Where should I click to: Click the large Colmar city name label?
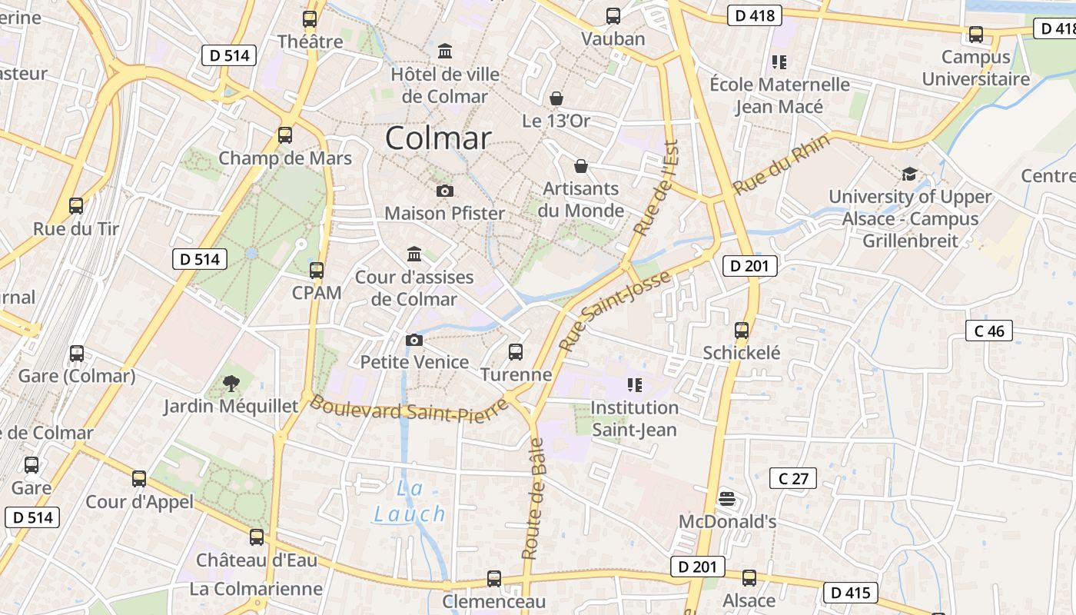tap(437, 138)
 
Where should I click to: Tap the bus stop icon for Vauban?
tap(613, 16)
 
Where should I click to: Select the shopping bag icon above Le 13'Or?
tap(556, 98)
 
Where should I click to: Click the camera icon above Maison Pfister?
tap(444, 191)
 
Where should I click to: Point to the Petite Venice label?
tap(414, 362)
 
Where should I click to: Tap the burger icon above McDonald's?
tap(727, 499)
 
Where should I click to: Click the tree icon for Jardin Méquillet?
tap(231, 383)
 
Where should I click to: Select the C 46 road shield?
tap(988, 331)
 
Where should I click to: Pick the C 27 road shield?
tap(793, 479)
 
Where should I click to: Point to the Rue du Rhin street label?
tap(781, 164)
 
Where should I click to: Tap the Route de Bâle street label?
tap(533, 498)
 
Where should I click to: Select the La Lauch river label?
tap(410, 501)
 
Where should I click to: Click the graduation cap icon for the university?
tap(909, 174)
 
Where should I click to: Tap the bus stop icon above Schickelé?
tap(742, 331)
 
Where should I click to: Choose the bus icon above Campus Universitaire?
tap(975, 35)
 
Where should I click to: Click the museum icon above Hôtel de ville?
tap(444, 52)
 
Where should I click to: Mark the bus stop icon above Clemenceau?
tap(494, 579)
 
